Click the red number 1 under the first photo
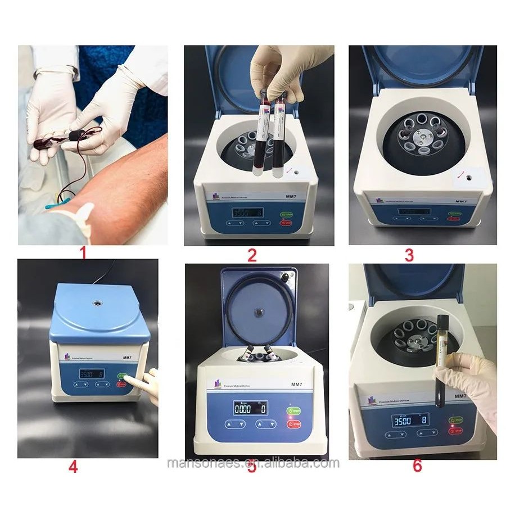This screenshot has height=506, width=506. [x=83, y=254]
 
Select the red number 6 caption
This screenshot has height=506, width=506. [x=417, y=466]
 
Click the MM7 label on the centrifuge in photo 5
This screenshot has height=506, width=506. [x=297, y=385]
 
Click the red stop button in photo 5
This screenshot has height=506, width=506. [x=293, y=424]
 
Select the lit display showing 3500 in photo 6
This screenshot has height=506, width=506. [x=405, y=421]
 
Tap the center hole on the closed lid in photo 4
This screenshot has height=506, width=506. [x=99, y=303]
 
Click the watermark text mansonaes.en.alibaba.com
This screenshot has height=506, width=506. [x=254, y=463]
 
